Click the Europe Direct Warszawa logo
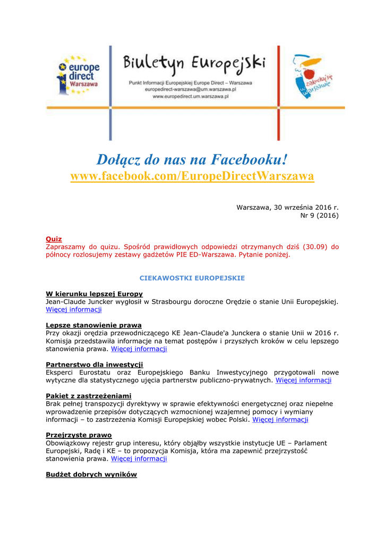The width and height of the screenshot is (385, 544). (79, 75)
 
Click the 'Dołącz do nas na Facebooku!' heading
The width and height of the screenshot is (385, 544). (192, 159)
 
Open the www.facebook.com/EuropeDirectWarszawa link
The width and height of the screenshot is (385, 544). (192, 176)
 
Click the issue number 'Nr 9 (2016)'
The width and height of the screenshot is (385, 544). (319, 216)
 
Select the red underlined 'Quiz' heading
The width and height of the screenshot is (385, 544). (54, 239)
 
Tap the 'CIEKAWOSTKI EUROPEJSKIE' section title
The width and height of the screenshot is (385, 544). (192, 278)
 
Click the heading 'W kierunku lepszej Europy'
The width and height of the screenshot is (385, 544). (94, 294)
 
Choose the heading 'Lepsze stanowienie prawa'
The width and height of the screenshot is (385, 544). (93, 325)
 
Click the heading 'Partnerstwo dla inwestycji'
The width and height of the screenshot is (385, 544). (95, 364)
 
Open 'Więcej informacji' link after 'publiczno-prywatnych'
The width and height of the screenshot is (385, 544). (303, 380)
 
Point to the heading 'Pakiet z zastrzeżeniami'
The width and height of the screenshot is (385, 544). (89, 396)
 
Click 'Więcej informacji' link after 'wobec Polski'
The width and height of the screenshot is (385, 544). (280, 419)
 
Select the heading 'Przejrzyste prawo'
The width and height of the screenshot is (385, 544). (79, 435)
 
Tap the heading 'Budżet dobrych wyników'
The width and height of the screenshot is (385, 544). (91, 474)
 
